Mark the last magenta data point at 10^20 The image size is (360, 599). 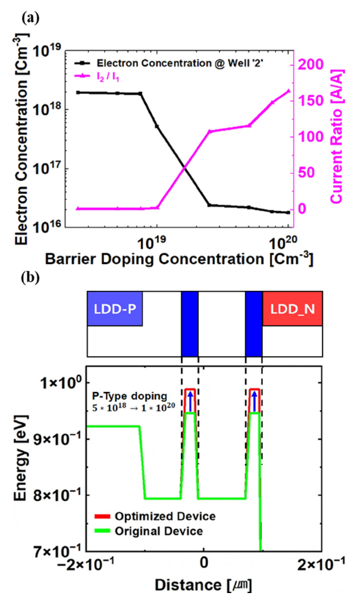click(289, 91)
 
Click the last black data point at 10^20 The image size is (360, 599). click(289, 212)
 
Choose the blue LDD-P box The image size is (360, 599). click(114, 309)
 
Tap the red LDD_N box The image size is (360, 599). click(292, 309)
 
